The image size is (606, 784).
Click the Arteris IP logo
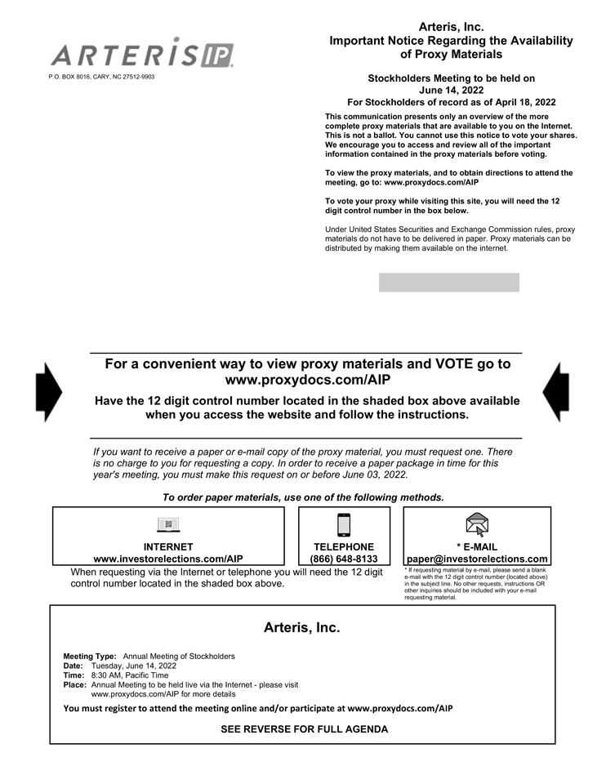142,54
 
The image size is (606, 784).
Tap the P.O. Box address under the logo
101,77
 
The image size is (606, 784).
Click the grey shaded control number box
448,283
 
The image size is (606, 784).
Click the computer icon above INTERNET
168,524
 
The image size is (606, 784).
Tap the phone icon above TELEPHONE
344,524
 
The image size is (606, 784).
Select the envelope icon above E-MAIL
477,523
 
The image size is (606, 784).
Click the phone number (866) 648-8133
344,559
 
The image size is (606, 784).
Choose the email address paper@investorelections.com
477,559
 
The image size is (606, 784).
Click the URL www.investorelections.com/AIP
168,559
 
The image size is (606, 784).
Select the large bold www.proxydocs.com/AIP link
307,381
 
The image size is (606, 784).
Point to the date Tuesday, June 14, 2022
134,666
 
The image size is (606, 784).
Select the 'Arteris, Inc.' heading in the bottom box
301,628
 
